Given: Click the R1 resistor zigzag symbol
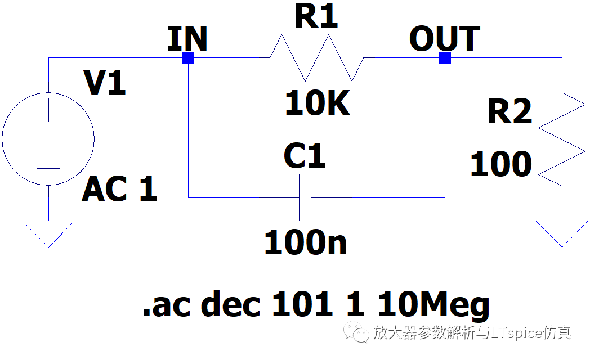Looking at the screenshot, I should [x=317, y=58].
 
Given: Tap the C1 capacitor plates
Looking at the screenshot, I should [x=305, y=197].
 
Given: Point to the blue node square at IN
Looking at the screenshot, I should [x=189, y=58].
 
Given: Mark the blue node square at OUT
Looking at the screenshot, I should [x=445, y=58].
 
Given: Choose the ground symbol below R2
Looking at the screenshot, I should [x=562, y=232].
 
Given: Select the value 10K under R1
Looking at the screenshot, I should [x=318, y=104].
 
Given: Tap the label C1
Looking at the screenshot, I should [x=305, y=156].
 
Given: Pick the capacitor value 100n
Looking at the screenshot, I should [x=305, y=242].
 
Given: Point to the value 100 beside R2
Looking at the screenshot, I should [x=501, y=165].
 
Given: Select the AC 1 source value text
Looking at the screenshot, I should [x=119, y=189].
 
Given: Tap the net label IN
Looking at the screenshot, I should [x=187, y=39].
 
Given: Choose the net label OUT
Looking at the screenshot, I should [x=444, y=39].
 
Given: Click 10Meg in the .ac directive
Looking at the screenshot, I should [x=433, y=305].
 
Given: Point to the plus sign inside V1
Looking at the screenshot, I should [x=49, y=111].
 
